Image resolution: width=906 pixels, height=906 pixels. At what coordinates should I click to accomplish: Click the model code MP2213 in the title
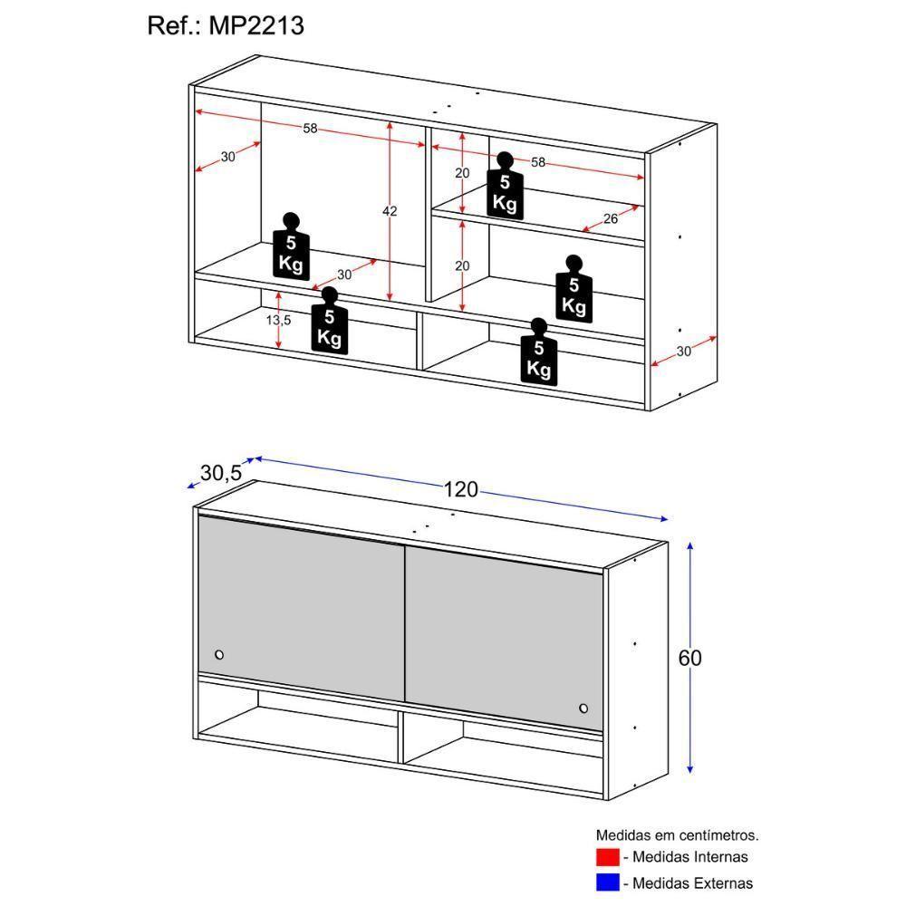click(x=258, y=25)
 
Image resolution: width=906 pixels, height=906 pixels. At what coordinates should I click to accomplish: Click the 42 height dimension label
click(x=390, y=211)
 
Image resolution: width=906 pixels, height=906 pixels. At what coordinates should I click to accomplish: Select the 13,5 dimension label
click(x=278, y=319)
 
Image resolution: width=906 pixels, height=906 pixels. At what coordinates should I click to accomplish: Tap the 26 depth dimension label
click(x=611, y=217)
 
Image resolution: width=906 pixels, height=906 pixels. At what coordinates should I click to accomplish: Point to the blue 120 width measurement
click(x=460, y=490)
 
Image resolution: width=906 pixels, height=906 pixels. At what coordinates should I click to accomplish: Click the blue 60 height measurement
click(x=690, y=658)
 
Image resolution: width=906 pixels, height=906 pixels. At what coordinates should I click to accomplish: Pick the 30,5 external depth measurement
click(x=220, y=472)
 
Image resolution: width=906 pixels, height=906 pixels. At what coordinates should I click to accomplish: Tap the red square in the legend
click(x=607, y=856)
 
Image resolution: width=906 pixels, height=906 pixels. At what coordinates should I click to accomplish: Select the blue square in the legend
click(x=607, y=882)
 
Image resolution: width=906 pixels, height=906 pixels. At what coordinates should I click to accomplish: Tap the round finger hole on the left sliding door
click(x=219, y=654)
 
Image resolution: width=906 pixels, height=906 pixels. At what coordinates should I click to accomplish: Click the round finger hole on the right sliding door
click(x=583, y=708)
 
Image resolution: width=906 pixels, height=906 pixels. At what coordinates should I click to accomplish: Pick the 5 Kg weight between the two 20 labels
click(x=505, y=188)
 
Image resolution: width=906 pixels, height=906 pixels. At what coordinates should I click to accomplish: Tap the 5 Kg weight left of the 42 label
click(x=291, y=248)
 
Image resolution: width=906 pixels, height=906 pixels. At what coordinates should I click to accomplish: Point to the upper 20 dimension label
click(x=462, y=173)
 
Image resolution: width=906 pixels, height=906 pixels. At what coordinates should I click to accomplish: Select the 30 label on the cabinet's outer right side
click(x=684, y=352)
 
